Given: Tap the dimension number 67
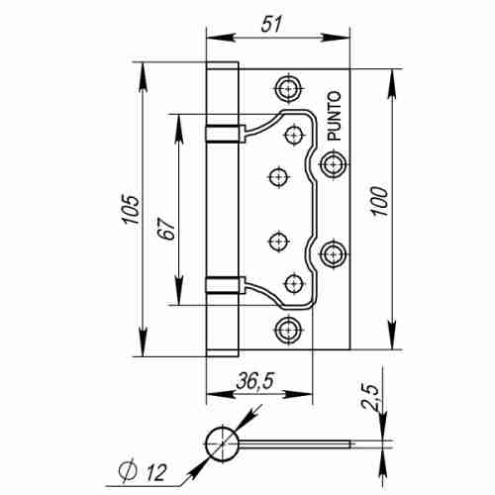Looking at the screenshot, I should click(x=167, y=229).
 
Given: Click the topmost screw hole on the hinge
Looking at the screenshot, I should click(x=288, y=88).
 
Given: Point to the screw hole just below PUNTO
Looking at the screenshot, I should click(x=333, y=160).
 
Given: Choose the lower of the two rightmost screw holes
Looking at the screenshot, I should click(x=333, y=256).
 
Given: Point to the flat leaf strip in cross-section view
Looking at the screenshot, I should click(x=297, y=443).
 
